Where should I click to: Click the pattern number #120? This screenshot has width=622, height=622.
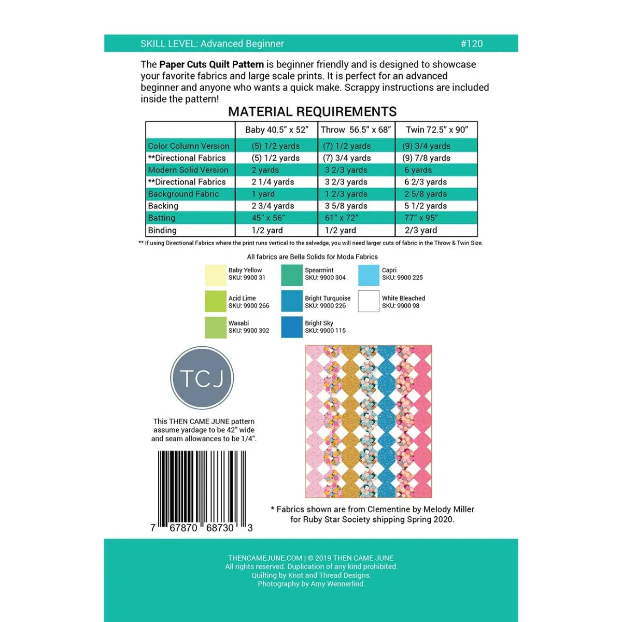471,44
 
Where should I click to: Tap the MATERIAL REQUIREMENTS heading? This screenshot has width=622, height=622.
312,111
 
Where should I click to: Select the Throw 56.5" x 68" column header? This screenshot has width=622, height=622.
356,130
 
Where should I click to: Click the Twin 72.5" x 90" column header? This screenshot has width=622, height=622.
437,130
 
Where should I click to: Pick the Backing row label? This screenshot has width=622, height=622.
163,206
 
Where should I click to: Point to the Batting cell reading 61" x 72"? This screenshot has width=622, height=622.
341,218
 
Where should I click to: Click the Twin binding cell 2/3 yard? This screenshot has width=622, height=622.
420,230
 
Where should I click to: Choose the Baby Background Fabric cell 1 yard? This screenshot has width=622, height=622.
263,194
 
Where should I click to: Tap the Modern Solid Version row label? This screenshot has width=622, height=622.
188,170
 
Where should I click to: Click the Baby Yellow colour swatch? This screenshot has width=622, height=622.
216,275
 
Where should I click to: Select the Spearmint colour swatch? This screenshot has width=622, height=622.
292,275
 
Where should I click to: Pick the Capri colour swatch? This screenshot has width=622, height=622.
369,275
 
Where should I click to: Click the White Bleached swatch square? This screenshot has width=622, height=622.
369,301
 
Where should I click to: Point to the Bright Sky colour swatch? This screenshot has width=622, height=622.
292,327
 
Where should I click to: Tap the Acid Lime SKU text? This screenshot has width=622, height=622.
249,306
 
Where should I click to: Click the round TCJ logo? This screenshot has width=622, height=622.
202,378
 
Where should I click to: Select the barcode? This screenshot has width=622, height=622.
202,490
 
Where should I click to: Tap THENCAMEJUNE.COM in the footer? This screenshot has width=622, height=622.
265,558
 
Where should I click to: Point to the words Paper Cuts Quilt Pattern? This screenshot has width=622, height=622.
211,64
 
